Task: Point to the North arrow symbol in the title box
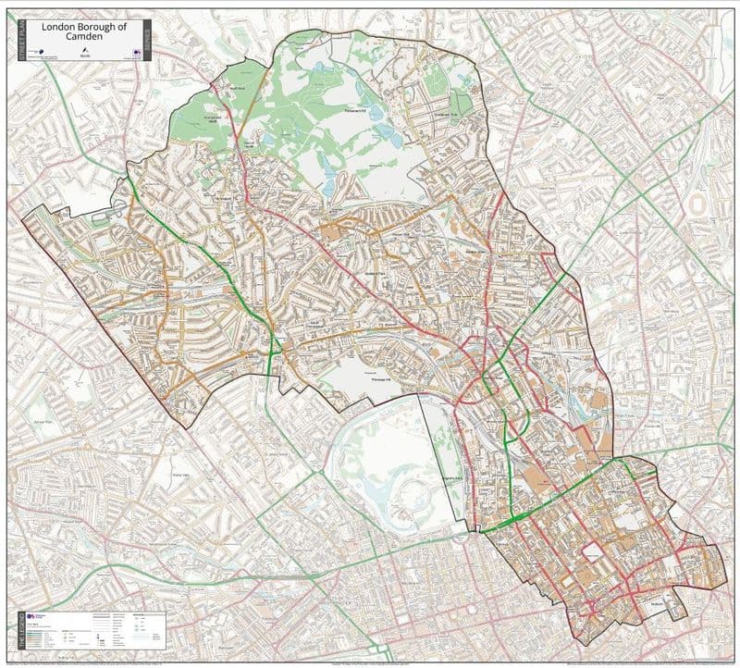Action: click(84, 51)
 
